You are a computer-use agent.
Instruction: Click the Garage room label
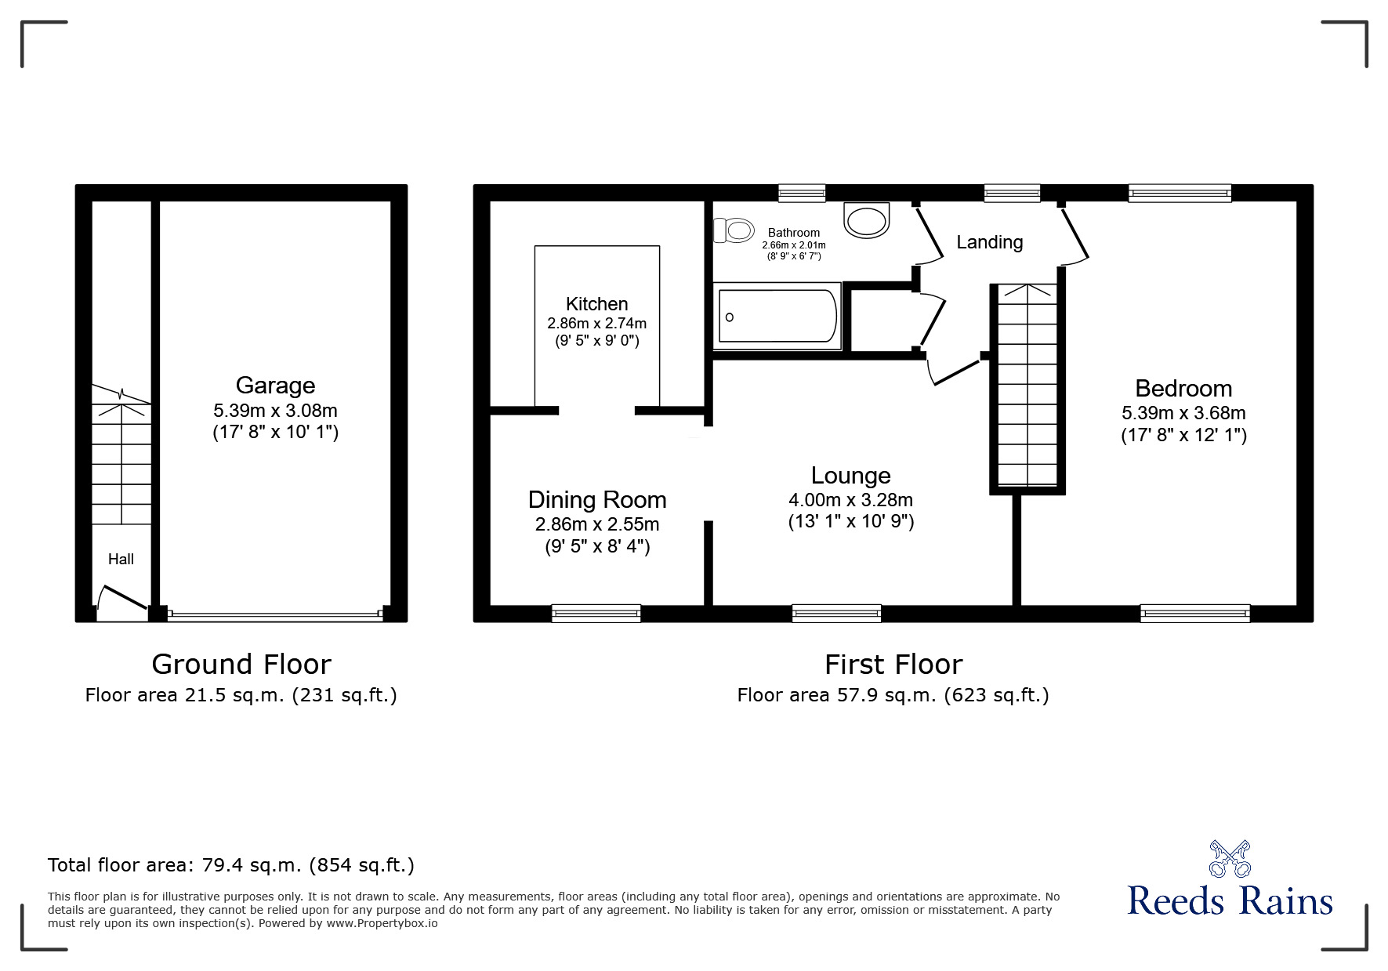275,386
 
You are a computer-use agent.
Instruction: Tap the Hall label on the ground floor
121,560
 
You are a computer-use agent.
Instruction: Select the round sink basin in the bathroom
868,219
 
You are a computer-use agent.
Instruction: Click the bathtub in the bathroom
777,317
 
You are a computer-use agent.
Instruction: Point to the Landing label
989,242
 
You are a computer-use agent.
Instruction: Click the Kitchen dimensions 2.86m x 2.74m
596,323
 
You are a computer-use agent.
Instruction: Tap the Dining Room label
596,500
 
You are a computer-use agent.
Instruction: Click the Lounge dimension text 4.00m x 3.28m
850,500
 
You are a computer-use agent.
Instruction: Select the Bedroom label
1183,389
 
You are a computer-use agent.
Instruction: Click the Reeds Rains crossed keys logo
1229,858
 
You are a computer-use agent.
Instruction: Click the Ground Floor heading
241,665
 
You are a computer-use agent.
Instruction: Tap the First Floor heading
893,665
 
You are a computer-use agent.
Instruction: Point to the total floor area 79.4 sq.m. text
231,865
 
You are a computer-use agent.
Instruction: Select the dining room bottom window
596,614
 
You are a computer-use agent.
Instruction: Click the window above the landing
1012,194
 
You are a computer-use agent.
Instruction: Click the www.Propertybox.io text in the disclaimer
382,923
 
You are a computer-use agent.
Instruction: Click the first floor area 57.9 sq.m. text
893,695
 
